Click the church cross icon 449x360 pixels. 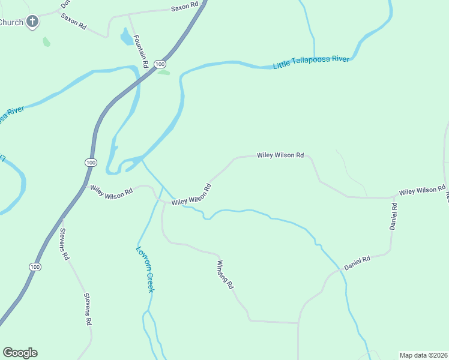32,23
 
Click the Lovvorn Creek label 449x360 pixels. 145,269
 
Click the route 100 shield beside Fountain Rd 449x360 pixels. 159,64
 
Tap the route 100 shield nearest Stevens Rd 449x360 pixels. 35,266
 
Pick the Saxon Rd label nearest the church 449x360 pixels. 73,22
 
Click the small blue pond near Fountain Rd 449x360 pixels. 126,38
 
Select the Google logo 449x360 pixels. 20,353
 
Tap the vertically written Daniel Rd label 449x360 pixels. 393,217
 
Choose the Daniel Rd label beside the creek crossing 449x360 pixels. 357,262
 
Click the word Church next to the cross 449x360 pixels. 11,22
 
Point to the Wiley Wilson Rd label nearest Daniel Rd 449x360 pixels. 422,191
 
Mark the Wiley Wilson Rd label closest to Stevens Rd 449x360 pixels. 111,191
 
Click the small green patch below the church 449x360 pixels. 46,42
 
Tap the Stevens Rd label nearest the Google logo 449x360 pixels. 88,309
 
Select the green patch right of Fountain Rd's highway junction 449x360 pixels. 164,73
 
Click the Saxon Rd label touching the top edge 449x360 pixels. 184,7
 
